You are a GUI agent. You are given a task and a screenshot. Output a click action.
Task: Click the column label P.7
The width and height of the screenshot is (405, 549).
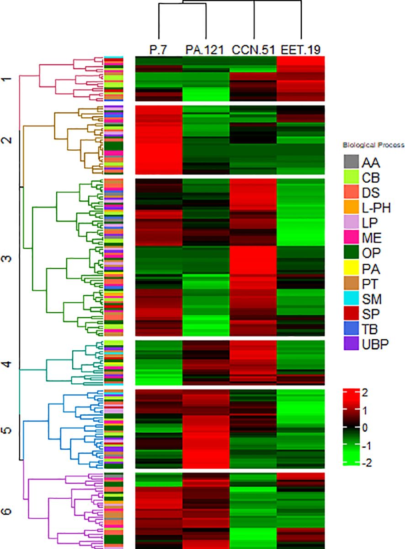pyautogui.click(x=158, y=49)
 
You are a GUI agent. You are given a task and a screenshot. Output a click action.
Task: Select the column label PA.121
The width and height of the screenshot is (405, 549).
pyautogui.click(x=206, y=49)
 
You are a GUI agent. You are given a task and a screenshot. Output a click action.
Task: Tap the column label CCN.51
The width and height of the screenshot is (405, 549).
pyautogui.click(x=253, y=49)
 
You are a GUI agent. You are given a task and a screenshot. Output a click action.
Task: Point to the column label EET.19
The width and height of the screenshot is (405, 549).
pyautogui.click(x=301, y=49)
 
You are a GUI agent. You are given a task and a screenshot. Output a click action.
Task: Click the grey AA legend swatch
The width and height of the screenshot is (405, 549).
pyautogui.click(x=351, y=162)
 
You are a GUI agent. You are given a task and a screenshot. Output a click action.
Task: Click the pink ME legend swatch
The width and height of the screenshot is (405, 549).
pyautogui.click(x=351, y=238)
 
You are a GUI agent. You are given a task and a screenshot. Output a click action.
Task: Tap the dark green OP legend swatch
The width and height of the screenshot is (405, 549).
pyautogui.click(x=351, y=253)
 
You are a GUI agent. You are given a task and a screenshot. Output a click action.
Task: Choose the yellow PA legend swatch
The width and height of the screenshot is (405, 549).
pyautogui.click(x=351, y=268)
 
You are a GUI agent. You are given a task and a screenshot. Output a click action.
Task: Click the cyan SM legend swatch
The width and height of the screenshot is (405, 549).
pyautogui.click(x=351, y=298)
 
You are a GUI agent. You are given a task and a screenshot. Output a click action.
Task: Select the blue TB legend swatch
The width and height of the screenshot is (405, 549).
pyautogui.click(x=351, y=328)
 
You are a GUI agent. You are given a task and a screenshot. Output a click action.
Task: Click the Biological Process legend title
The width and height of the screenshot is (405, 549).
pyautogui.click(x=373, y=146)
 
